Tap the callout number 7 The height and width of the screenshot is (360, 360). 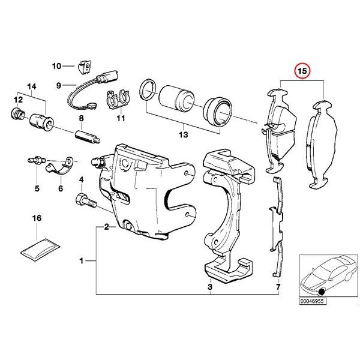(x=277, y=288)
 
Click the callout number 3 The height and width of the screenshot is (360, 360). (x=210, y=288)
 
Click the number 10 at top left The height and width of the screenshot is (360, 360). (x=56, y=66)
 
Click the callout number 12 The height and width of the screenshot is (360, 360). (x=19, y=99)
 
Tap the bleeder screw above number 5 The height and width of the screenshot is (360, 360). (x=37, y=160)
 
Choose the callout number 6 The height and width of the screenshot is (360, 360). (x=61, y=188)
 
